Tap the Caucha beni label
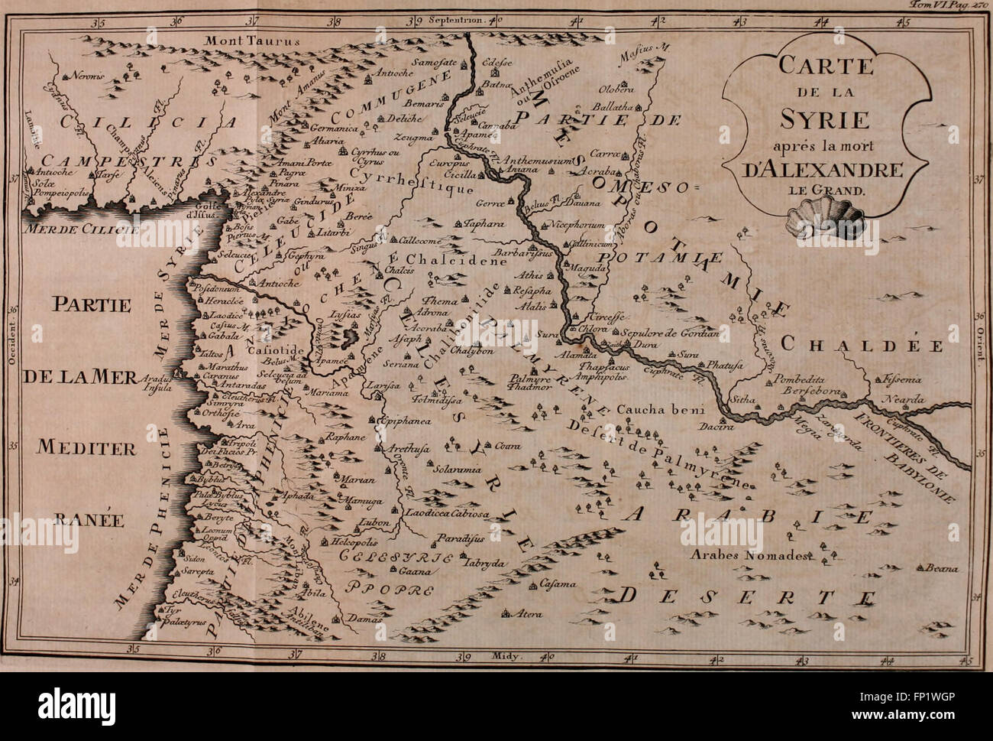click(649, 408)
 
